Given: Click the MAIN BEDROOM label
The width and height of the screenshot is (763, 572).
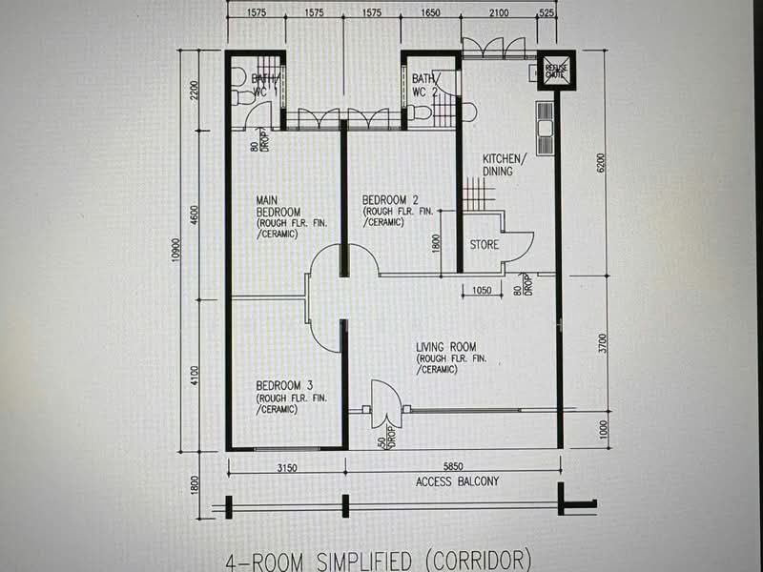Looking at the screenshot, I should click(278, 205).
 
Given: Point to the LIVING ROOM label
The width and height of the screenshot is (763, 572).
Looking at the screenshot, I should click(445, 347).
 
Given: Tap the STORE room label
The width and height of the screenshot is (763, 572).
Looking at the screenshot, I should click(484, 245).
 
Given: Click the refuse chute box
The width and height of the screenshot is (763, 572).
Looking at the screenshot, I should click(555, 70).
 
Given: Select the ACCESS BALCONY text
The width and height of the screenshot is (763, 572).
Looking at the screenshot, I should click(457, 481).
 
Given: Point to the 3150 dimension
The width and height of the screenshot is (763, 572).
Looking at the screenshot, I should click(287, 468).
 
